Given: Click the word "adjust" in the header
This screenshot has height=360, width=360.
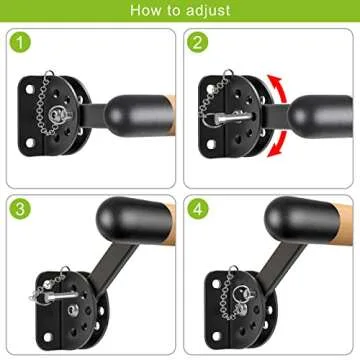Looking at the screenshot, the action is pos(208,10).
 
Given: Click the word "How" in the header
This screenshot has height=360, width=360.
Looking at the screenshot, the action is pos(144,10).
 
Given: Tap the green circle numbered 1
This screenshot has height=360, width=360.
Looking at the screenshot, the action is pos(21,42).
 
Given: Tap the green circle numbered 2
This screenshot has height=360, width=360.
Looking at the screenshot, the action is pos(197,42).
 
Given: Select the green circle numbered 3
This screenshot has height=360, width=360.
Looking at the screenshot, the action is pos(21,209).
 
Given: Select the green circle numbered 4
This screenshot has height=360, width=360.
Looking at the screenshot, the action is pos(197,209).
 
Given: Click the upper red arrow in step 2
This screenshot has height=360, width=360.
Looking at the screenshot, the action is pos(278,88).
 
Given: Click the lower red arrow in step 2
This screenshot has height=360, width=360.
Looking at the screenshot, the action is pos(278,144).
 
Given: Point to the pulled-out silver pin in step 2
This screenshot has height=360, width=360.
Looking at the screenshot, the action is pos(231,117).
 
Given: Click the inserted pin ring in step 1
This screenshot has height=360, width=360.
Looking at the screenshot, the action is pos(60,115).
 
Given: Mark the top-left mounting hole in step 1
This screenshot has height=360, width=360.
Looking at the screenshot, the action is pos(30,89).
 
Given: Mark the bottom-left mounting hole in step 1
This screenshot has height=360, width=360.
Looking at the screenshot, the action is pos(30,143).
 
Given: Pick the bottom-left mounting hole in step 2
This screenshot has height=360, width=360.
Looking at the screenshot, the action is pos(211,144).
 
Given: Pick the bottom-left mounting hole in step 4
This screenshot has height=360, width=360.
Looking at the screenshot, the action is pos(216,336).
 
